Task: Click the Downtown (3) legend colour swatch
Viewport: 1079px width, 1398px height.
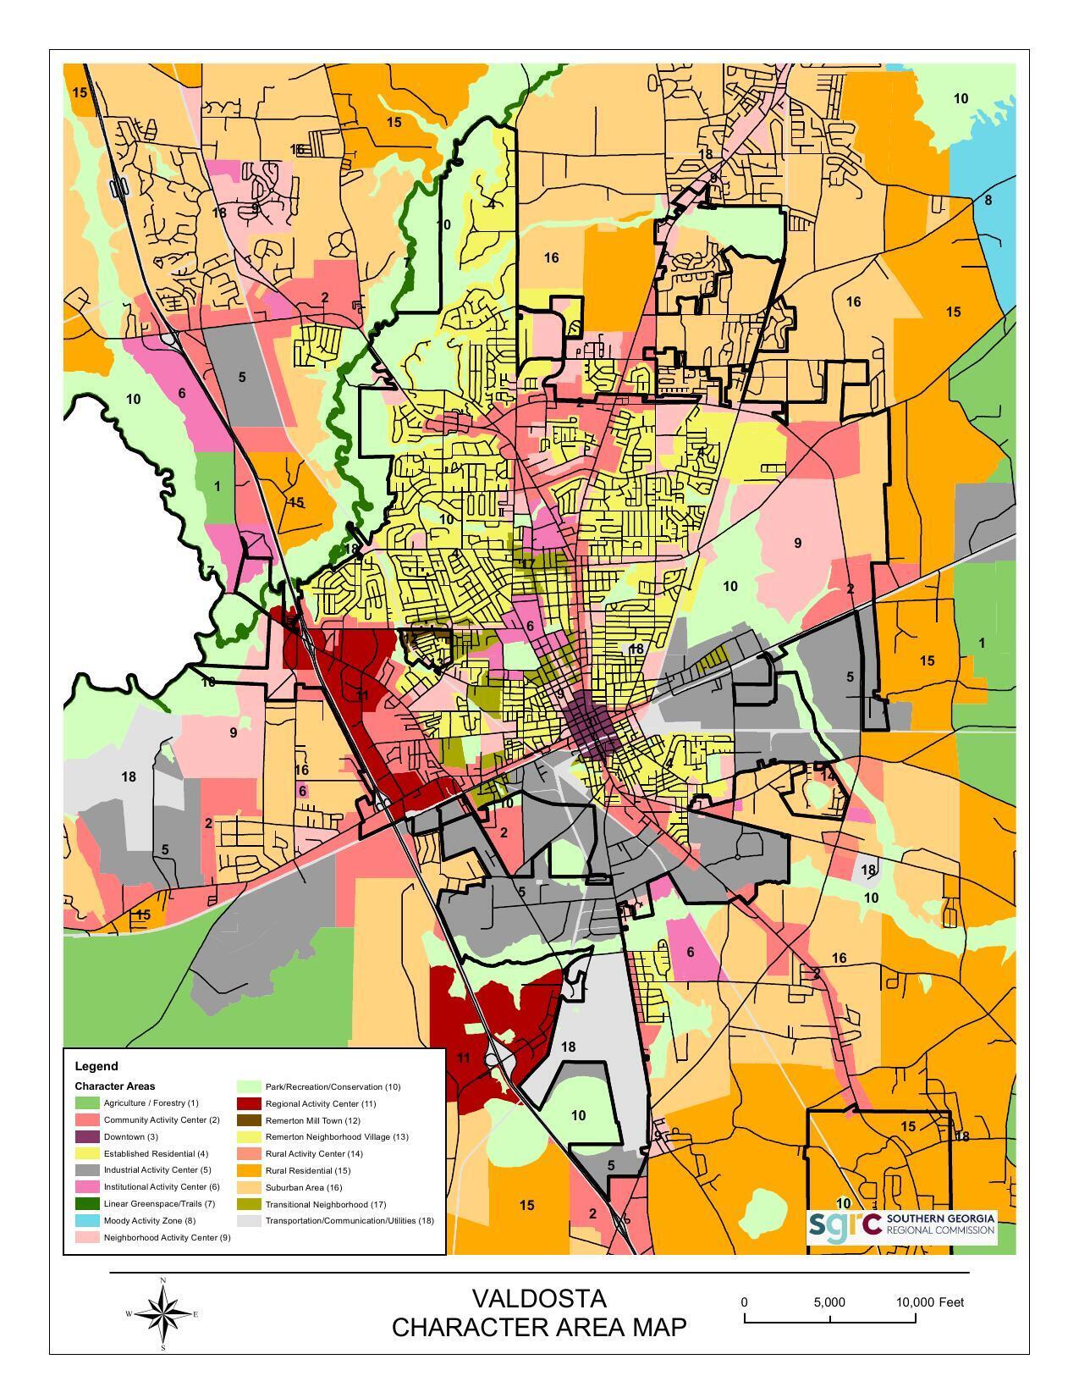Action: [x=87, y=1137]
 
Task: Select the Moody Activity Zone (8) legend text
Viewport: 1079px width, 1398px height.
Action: [x=149, y=1221]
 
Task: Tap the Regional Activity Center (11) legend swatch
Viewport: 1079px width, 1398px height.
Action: [x=249, y=1103]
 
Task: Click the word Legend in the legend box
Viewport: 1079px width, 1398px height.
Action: [x=96, y=1066]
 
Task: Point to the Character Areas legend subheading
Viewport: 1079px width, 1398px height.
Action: [x=114, y=1086]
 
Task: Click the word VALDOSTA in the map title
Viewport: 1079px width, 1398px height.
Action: [x=539, y=1299]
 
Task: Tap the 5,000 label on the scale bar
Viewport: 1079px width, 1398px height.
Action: [x=829, y=1302]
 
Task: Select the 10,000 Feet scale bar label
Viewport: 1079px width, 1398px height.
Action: [x=929, y=1302]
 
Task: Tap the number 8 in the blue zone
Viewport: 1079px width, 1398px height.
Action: [x=988, y=201]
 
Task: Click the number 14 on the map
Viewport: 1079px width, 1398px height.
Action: [x=827, y=775]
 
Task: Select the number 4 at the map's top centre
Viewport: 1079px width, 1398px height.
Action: [x=491, y=204]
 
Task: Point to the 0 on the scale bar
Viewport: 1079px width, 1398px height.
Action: [x=744, y=1302]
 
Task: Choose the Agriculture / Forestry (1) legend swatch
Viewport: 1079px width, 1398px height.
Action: [x=87, y=1103]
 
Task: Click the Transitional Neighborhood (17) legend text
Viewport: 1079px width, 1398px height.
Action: [x=325, y=1204]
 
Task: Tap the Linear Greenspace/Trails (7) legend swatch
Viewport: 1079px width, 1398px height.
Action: [x=87, y=1204]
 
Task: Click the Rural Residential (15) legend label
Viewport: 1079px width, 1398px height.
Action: [x=307, y=1170]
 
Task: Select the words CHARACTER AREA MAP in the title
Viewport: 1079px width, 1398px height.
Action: [x=539, y=1328]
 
